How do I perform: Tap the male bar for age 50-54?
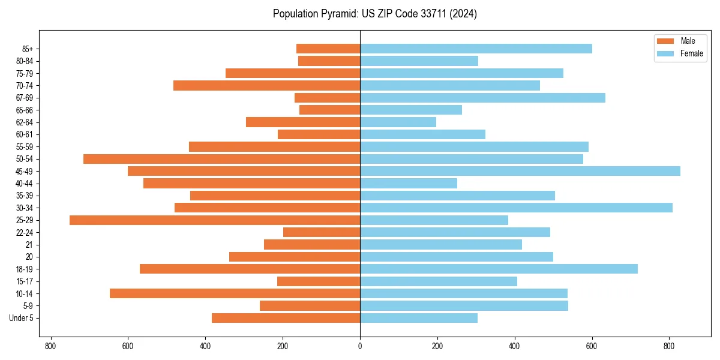coord(221,159)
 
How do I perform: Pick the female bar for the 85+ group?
coord(476,49)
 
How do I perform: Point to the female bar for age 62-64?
coord(398,122)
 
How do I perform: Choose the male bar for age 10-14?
coord(235,293)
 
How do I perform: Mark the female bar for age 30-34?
coord(516,208)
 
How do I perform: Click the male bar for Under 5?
coord(286,318)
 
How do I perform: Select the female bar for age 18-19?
coord(499,269)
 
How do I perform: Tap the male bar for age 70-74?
coord(266,85)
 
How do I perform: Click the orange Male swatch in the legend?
coord(666,41)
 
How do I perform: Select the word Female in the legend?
coord(692,53)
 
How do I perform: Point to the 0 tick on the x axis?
coord(360,346)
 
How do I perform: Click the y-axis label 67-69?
coord(25,98)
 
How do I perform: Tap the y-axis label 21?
coord(29,245)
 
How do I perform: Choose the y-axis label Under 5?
coord(21,318)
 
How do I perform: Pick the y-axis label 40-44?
coord(25,184)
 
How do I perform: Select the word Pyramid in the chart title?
coord(340,14)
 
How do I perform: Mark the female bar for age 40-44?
coord(409,184)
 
